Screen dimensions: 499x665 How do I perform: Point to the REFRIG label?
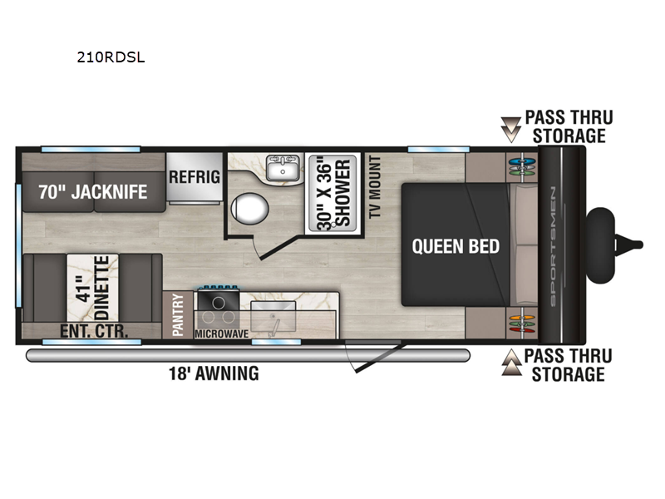tap(194, 176)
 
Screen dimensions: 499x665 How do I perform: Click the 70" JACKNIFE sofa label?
tap(92, 192)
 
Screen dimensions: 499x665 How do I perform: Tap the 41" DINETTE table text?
tap(93, 287)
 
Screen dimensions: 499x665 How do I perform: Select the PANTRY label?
tap(178, 314)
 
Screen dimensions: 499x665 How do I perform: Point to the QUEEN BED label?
tap(456, 246)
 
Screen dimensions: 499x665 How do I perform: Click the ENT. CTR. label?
tap(93, 332)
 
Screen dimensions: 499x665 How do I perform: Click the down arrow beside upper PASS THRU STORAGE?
tap(509, 128)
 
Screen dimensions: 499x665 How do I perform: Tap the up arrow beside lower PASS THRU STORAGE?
tap(509, 364)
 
